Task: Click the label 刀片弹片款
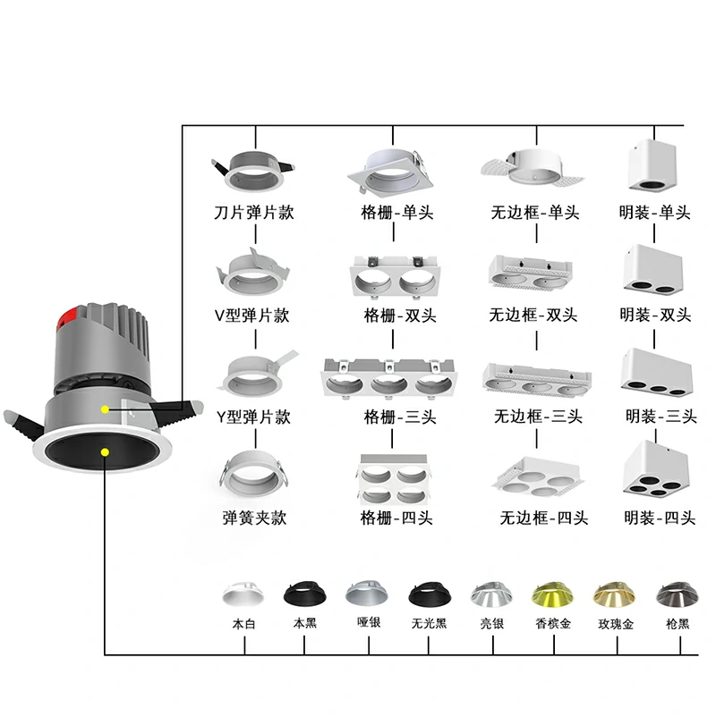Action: [x=254, y=214]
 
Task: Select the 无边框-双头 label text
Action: [x=533, y=315]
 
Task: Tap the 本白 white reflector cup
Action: [x=243, y=594]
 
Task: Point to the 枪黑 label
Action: [x=678, y=624]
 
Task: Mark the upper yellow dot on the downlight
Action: [x=105, y=409]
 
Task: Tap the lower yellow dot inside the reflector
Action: [x=105, y=451]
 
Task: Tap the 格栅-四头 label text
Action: [x=396, y=518]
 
